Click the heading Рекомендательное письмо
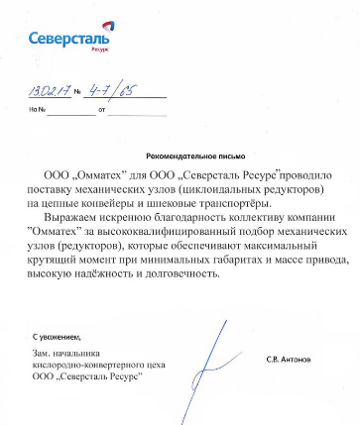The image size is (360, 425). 195,157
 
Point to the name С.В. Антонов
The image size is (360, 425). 288,359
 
